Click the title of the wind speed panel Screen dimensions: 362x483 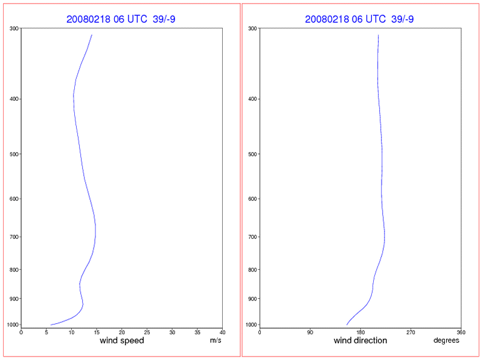pos(121,19)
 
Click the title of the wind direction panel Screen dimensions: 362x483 pos(359,19)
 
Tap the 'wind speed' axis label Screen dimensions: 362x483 pos(121,340)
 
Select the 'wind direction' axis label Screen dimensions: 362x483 pos(360,340)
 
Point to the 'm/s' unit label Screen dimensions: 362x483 pos(215,340)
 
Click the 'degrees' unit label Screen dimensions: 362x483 pos(446,340)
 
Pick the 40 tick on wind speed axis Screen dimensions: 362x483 pos(222,332)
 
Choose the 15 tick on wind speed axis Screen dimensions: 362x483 pos(97,332)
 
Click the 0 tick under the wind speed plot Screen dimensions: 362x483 pos(21,332)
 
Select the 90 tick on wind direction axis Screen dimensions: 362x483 pos(310,332)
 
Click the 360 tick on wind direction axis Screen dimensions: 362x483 pos(461,332)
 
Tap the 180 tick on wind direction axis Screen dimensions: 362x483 pos(360,332)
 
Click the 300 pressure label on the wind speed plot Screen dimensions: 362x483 pos(14,28)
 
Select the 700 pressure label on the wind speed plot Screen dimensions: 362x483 pos(14,237)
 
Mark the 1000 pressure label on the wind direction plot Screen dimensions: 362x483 pos(252,325)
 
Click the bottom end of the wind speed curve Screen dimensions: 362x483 pos(51,325)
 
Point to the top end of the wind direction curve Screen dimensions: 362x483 pos(379,35)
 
